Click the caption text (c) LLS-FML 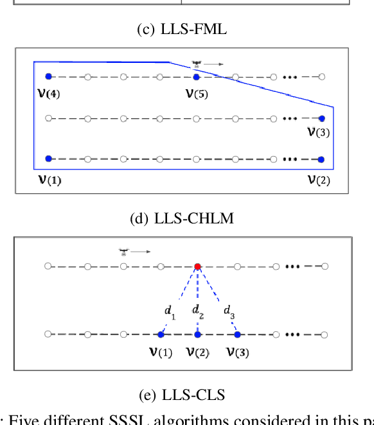(x=182, y=29)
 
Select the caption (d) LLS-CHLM (x=182, y=218)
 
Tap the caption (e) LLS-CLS (x=182, y=395)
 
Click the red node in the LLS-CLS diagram (x=198, y=266)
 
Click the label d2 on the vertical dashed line (x=200, y=311)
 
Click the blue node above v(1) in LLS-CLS (x=160, y=334)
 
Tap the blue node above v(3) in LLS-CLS (x=237, y=334)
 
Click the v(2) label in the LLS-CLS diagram (x=198, y=352)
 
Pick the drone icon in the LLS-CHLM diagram (x=197, y=64)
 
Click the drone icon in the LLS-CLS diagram (x=123, y=252)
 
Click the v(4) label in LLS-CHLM (x=49, y=94)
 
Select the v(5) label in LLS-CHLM (x=197, y=94)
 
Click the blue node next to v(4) (x=48, y=77)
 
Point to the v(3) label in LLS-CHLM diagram (x=318, y=133)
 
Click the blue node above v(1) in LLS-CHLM (x=48, y=159)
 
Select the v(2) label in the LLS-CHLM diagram (x=318, y=180)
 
